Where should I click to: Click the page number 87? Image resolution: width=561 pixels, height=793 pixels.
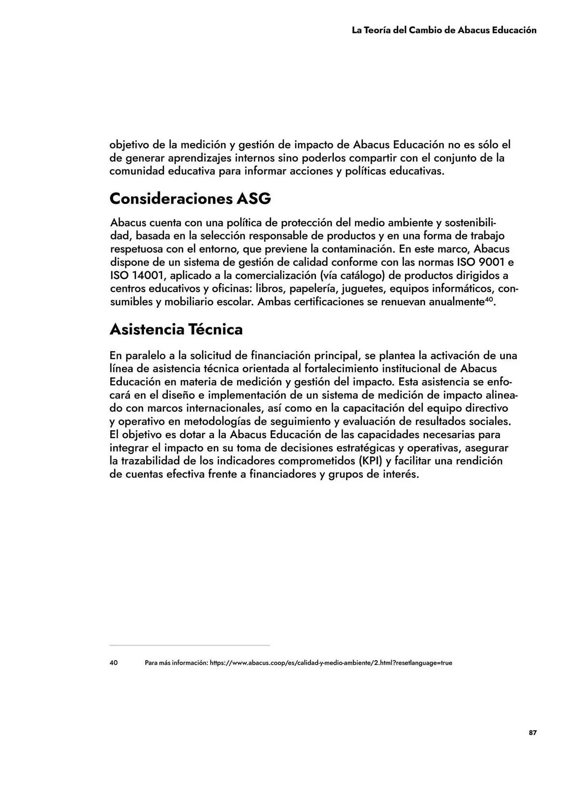tap(532, 733)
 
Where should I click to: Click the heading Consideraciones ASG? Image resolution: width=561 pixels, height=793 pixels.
tap(190, 199)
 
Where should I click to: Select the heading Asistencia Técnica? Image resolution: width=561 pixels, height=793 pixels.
tap(176, 329)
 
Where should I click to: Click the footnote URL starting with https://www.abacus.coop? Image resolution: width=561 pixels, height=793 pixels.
tap(331, 663)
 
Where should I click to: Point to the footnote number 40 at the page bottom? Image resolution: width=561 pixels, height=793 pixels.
tap(113, 663)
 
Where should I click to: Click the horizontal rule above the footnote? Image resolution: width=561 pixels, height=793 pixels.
tap(190, 645)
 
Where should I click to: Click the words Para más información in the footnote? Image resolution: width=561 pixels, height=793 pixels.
tap(175, 663)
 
